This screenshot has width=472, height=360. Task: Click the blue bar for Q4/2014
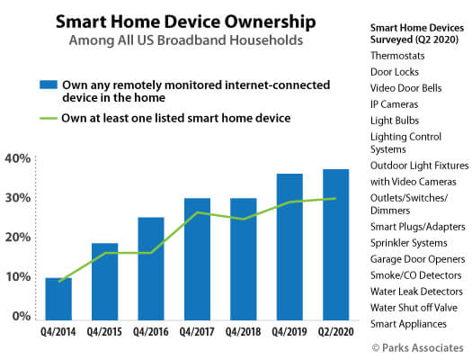coord(58,299)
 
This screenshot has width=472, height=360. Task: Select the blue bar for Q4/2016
coord(151,269)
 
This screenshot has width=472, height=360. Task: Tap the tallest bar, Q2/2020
coord(335,245)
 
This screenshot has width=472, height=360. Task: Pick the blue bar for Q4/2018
coord(244,259)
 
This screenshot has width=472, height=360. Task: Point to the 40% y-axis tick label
coord(17,158)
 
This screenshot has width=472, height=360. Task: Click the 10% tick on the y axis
coord(18,277)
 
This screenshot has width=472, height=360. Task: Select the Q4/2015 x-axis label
coord(104,332)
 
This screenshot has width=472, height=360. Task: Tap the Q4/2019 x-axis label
coord(289,332)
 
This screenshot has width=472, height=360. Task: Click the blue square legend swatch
coord(49,85)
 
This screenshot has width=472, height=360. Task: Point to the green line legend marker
coord(49,119)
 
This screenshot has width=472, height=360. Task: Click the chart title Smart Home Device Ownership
coord(186,22)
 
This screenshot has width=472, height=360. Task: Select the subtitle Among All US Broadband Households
coord(186,40)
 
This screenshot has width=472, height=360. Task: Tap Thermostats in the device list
coord(397,56)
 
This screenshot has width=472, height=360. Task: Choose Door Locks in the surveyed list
coord(395,72)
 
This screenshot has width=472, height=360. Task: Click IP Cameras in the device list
coord(395,104)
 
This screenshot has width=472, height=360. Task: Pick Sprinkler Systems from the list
coord(409,243)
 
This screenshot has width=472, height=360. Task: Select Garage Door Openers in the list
coord(418,259)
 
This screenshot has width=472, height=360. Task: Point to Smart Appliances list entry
coord(408,324)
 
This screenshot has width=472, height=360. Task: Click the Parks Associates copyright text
coord(418,348)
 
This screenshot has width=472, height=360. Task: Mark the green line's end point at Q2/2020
coord(335,198)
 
